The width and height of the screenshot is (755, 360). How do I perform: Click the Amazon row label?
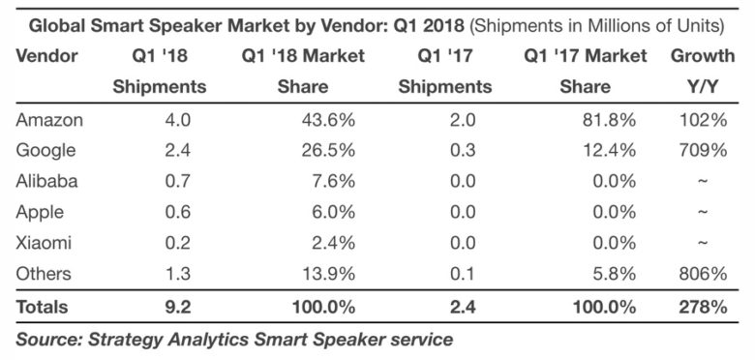pos(49,119)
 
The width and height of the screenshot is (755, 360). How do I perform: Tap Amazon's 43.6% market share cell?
pos(329,119)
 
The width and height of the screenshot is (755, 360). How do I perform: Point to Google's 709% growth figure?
pos(704,150)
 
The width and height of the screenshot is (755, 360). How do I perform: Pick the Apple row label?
pos(40,212)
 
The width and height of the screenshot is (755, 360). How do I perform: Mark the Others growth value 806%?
pos(704,273)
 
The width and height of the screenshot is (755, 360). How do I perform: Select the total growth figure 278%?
pos(704,307)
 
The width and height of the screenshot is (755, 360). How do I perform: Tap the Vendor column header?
pos(46,56)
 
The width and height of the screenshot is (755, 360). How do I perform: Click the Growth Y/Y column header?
pos(703,72)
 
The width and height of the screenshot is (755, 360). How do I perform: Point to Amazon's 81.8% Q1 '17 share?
pos(609,119)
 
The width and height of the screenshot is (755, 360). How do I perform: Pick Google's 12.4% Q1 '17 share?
pos(609,150)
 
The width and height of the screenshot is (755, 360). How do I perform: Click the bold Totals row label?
pos(42,307)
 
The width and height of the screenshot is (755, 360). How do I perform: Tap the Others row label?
pos(44,273)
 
